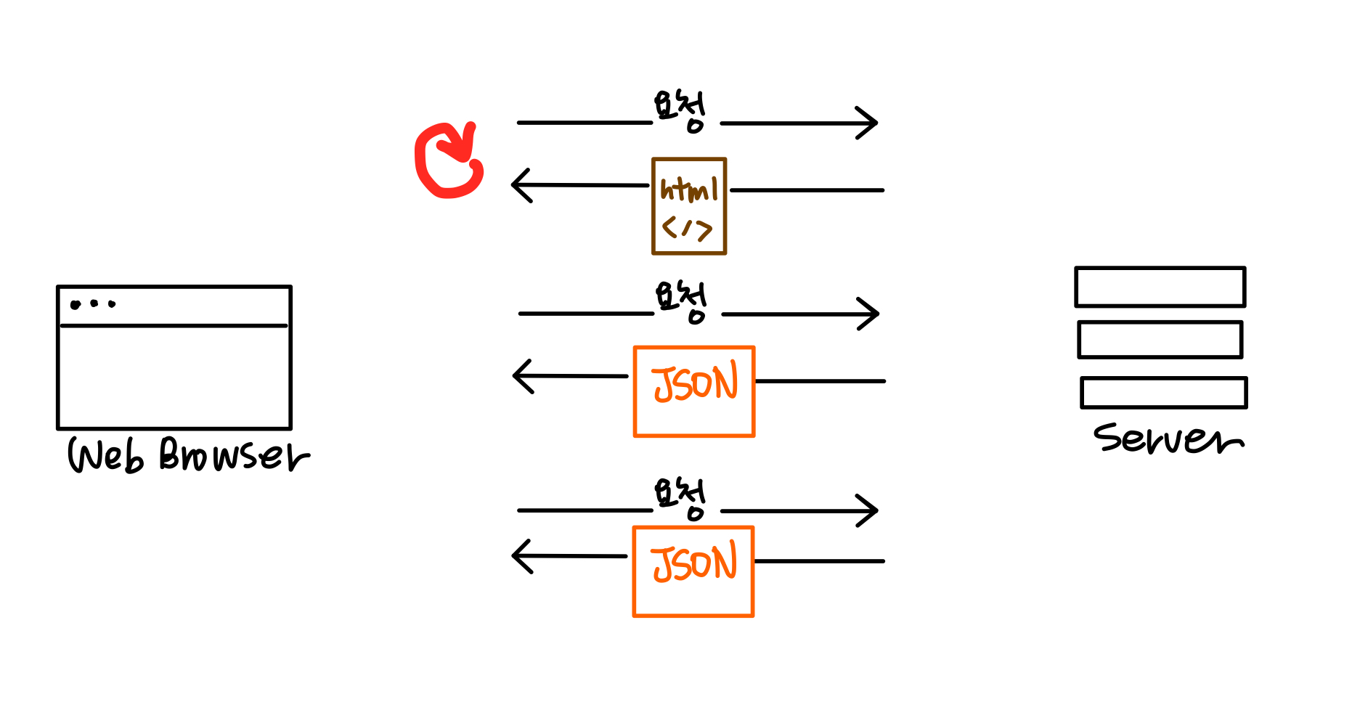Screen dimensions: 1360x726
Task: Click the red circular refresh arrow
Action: tap(447, 161)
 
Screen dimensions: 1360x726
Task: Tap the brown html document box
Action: tap(688, 206)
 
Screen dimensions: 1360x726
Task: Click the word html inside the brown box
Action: tap(688, 189)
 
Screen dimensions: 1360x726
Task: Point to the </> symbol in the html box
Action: tap(687, 229)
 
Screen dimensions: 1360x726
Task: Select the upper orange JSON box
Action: tap(694, 391)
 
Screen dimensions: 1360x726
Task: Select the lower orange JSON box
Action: tap(693, 571)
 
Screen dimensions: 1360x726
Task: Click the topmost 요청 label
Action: tap(680, 110)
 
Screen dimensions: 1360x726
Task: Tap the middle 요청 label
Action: tap(681, 301)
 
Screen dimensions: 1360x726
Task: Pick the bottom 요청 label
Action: tap(680, 497)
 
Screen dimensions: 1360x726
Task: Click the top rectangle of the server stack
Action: tap(1160, 287)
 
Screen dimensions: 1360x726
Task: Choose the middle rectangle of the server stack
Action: tap(1160, 340)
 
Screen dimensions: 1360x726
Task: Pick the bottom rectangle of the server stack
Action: tap(1163, 393)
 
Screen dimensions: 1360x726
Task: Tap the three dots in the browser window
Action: tap(93, 304)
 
